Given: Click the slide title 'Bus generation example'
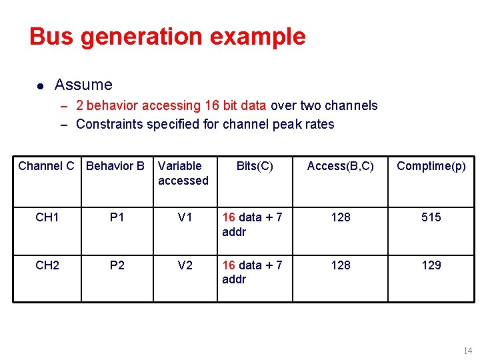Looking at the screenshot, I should tap(167, 37).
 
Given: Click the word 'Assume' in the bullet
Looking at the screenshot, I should tap(83, 85).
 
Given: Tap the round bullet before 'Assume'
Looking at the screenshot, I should tap(40, 86).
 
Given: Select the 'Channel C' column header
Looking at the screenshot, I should tap(46, 166).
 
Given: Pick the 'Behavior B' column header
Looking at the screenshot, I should tap(115, 166).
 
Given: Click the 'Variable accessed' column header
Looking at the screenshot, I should tap(183, 173).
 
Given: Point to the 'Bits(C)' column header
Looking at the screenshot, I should tap(255, 166).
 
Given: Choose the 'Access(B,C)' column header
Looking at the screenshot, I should tap(340, 166).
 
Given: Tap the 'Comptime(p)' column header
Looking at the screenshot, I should tap(431, 166).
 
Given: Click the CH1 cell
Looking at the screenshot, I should tap(47, 217).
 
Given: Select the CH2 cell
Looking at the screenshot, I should tap(47, 265).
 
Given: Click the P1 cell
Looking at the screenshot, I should tap(117, 217).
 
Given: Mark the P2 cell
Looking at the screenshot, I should tap(117, 265).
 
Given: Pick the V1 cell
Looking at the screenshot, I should tap(185, 217).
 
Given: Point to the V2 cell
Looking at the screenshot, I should tap(185, 265).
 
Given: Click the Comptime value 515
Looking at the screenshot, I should tap(431, 217).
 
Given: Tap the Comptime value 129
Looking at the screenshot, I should tap(431, 265).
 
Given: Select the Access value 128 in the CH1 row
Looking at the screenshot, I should tap(341, 217).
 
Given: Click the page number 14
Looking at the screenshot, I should tap(467, 351).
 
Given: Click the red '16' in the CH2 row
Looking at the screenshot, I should tap(229, 265).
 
